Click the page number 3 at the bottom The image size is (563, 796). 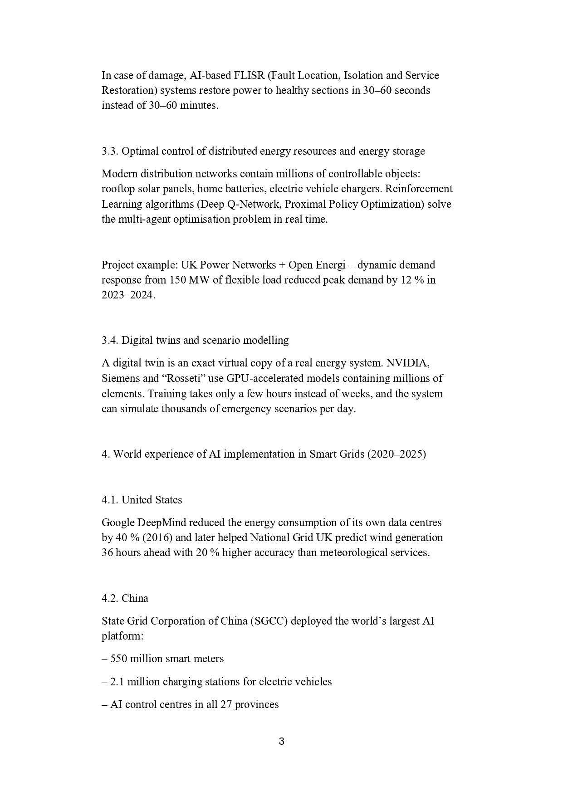[x=281, y=742]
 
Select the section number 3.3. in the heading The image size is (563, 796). [x=110, y=151]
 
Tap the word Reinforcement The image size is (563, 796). [x=419, y=189]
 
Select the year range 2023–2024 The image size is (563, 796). [x=128, y=295]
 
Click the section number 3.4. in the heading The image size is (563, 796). [x=110, y=340]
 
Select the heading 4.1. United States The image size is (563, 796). [x=142, y=500]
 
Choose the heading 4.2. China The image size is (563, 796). [x=125, y=598]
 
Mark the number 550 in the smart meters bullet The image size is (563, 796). [x=118, y=659]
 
